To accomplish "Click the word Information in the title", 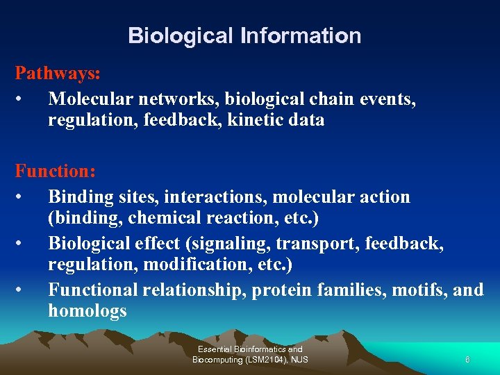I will pos(301,35).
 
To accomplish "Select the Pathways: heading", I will pos(58,73).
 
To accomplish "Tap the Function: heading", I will pos(56,169).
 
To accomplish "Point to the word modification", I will pos(182,265).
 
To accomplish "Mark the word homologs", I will pos(87,310).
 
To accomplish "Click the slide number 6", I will pos(467,360).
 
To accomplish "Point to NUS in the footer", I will pos(299,360).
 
